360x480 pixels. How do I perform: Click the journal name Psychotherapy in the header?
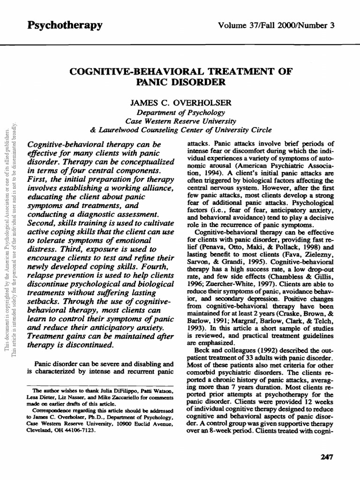click(x=65, y=25)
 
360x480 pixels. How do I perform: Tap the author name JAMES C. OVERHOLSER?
click(x=180, y=101)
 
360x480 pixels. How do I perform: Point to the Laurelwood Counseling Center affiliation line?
click(x=180, y=129)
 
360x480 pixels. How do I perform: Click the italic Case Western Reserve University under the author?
click(x=180, y=120)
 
